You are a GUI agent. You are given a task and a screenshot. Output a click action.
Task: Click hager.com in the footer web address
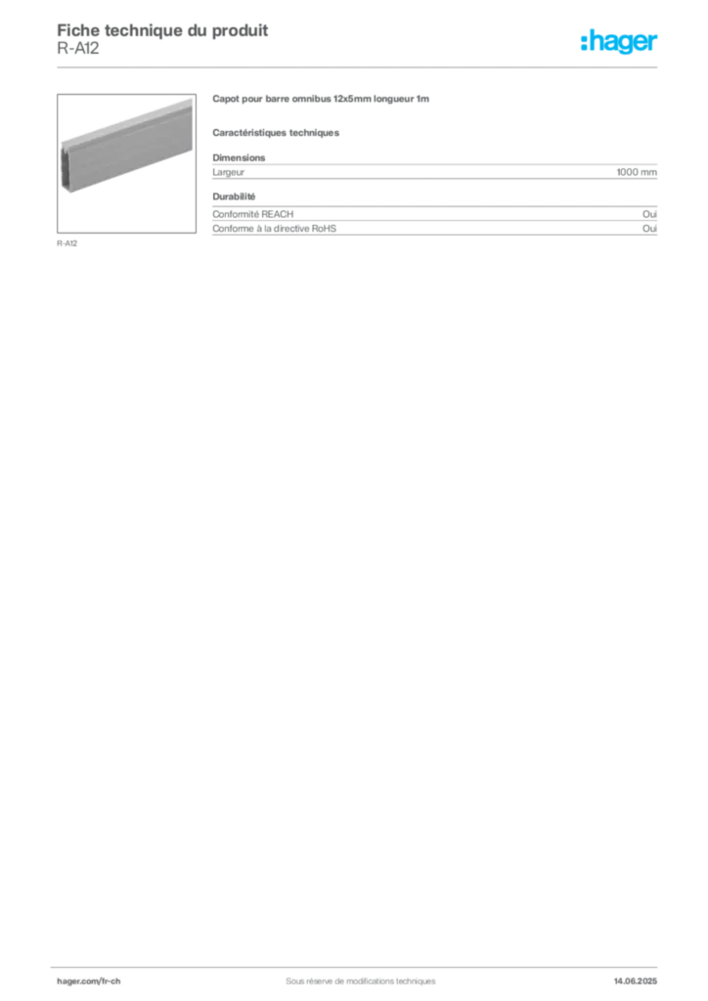pyautogui.click(x=77, y=980)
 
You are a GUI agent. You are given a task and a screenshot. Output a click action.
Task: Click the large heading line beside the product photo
pyautogui.click(x=320, y=100)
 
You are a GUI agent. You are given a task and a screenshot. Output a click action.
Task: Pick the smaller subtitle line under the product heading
pyautogui.click(x=277, y=131)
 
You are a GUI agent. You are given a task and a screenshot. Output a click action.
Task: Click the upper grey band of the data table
pyautogui.click(x=434, y=172)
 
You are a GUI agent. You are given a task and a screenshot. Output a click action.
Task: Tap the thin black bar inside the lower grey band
pyautogui.click(x=469, y=209)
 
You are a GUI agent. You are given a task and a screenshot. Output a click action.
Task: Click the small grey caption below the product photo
pyautogui.click(x=66, y=242)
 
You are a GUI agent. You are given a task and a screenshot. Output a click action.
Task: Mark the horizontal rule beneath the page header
pyautogui.click(x=381, y=65)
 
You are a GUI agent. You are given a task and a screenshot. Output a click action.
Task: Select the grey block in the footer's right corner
pyautogui.click(x=642, y=977)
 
